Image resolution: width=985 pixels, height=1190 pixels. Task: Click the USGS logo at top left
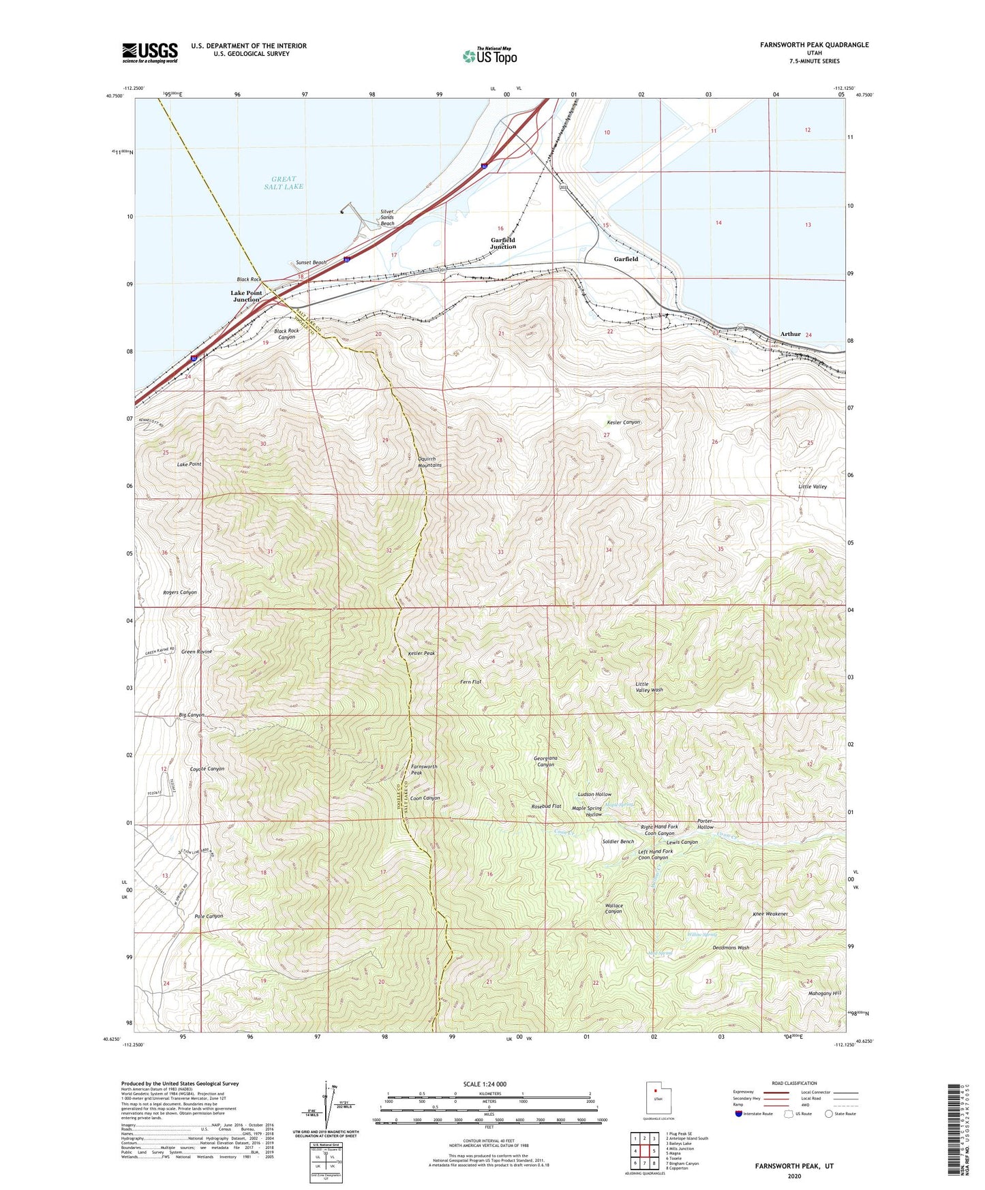point(150,52)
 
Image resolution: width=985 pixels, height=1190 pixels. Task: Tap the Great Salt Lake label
point(284,183)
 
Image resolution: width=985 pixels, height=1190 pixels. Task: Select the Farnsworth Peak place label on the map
point(424,769)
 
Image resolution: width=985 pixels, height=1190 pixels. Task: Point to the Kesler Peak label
point(421,653)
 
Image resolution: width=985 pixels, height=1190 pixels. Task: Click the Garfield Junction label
point(503,243)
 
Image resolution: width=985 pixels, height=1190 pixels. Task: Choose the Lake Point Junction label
point(246,296)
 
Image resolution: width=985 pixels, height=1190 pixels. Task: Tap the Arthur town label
point(790,334)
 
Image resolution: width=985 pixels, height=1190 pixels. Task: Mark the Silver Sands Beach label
point(387,217)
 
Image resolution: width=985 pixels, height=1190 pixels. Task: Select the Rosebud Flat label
point(546,806)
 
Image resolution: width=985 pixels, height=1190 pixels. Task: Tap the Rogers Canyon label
point(180,592)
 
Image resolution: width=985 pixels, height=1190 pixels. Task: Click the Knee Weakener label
point(770,914)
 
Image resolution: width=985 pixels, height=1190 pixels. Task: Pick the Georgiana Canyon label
point(545,761)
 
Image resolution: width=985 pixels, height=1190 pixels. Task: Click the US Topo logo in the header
point(489,56)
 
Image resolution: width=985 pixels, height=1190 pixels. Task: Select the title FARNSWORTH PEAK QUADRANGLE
point(814,45)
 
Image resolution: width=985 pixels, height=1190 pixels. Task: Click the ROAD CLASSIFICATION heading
point(794,1083)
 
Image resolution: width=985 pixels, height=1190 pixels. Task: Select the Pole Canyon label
point(209,916)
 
